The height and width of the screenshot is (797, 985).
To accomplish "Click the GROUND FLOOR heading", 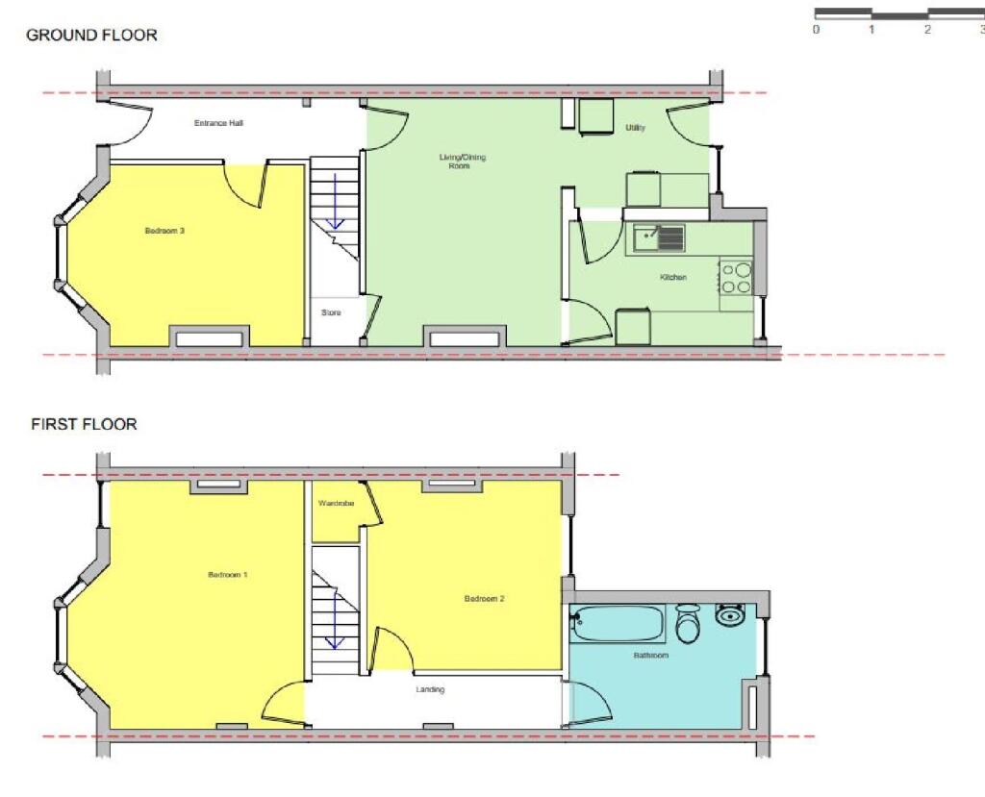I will click(x=91, y=36).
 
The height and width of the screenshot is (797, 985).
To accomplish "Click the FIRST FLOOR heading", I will click(x=84, y=424).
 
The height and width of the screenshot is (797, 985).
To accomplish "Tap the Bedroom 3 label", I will click(x=164, y=231).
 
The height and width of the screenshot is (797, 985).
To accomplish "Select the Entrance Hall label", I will click(x=218, y=123).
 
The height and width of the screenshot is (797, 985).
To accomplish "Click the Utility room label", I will click(x=635, y=128).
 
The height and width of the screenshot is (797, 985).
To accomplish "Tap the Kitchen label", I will click(x=672, y=278).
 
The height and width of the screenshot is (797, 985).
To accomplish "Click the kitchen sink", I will click(x=659, y=237).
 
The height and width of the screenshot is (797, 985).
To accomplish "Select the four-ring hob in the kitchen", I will click(x=737, y=277).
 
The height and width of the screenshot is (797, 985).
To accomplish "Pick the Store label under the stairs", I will click(x=331, y=312).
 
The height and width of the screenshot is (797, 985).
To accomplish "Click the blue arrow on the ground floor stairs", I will click(x=336, y=201).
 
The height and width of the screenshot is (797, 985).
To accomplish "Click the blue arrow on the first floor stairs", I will click(x=336, y=621).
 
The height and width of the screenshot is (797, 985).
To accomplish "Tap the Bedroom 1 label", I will click(x=228, y=575).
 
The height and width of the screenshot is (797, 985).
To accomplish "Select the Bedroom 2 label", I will click(x=484, y=599).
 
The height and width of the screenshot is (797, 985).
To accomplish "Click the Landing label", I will click(x=430, y=689).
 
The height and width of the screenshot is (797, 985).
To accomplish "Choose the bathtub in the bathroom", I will click(x=618, y=624).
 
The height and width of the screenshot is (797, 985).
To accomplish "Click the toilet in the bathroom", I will click(x=688, y=625).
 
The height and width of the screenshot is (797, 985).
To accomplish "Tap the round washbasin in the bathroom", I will click(x=731, y=613).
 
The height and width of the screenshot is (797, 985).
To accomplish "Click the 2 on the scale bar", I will click(x=927, y=30).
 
